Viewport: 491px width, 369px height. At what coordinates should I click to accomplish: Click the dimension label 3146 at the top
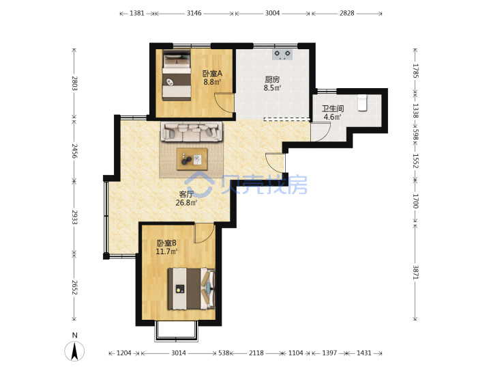tap(194, 13)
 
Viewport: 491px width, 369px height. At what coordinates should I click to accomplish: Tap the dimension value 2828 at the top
tap(347, 13)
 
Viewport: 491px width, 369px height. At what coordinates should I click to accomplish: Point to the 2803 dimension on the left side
tap(74, 83)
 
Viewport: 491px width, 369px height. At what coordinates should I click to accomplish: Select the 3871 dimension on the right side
tap(415, 273)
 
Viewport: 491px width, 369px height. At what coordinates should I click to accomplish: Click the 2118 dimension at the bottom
tap(256, 353)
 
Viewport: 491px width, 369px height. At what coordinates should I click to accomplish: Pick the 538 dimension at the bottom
tap(224, 353)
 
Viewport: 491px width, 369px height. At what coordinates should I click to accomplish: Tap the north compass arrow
tap(74, 351)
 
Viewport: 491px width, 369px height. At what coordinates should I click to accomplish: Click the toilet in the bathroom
tap(362, 102)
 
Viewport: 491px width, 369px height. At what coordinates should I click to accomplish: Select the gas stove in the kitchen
tap(282, 54)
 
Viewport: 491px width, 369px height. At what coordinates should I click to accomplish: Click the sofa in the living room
tap(192, 131)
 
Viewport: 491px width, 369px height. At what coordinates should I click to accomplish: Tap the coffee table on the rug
tap(192, 159)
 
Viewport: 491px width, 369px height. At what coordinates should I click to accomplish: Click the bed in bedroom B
tap(192, 288)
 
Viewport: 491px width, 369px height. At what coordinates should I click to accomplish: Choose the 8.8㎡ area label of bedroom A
tap(212, 82)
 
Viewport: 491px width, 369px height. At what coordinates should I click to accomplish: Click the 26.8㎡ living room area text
tap(186, 203)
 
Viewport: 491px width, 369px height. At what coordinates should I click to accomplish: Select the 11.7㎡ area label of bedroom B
tap(166, 251)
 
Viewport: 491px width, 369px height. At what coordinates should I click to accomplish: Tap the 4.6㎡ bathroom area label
tap(332, 117)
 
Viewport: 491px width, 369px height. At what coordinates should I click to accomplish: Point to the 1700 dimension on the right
tap(415, 201)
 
